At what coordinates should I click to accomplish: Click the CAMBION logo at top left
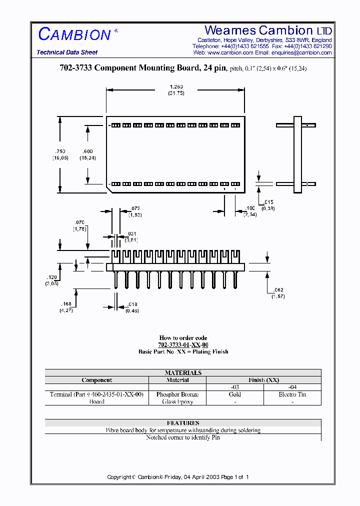[x=74, y=34]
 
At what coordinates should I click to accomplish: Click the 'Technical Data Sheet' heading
[x=67, y=52]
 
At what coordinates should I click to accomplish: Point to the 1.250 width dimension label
[x=176, y=86]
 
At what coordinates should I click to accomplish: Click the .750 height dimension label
[x=59, y=151]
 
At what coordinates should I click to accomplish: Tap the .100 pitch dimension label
[x=250, y=207]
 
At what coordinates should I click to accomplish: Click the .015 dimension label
[x=268, y=202]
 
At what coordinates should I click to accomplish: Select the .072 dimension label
[x=135, y=208]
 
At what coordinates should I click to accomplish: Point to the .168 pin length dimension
[x=66, y=303]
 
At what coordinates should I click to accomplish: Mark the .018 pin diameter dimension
[x=132, y=304]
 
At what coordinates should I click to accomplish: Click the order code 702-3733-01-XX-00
[x=183, y=345]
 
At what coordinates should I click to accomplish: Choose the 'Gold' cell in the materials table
[x=234, y=394]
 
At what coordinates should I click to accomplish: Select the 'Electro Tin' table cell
[x=292, y=394]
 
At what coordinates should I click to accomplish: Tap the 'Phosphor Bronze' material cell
[x=177, y=394]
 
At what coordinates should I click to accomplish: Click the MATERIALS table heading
[x=183, y=372]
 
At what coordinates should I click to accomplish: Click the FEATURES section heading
[x=183, y=423]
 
